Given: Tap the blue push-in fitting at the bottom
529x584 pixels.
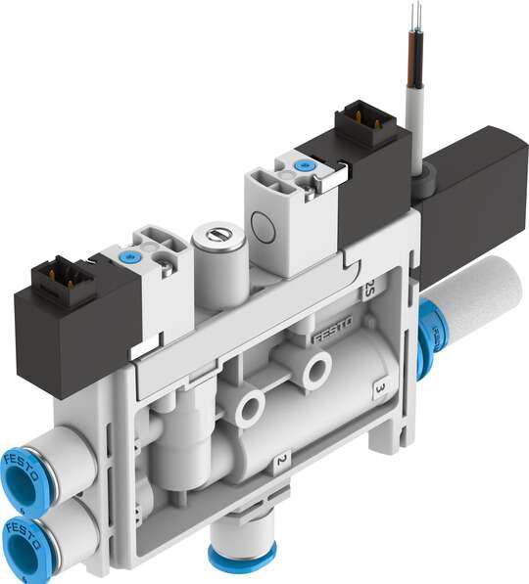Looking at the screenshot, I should pyautogui.click(x=241, y=559).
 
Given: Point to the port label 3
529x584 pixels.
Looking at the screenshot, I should pyautogui.click(x=379, y=388).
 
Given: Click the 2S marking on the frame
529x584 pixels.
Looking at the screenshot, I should pyautogui.click(x=368, y=289).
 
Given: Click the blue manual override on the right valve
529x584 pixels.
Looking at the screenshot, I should pyautogui.click(x=304, y=166).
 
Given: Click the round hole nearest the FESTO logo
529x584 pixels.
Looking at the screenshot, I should pyautogui.click(x=316, y=370).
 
